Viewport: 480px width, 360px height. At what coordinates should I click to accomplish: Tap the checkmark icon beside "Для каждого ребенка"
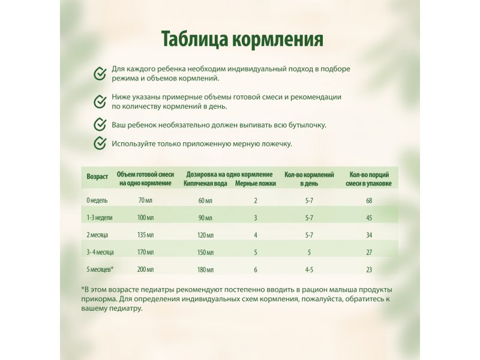click(100, 73)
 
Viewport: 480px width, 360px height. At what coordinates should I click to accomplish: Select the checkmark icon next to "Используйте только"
click(100, 143)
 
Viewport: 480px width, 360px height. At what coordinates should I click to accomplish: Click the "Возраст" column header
click(97, 177)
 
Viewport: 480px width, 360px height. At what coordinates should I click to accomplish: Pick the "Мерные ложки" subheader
click(256, 183)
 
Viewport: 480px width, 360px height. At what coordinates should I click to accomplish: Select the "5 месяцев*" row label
click(101, 269)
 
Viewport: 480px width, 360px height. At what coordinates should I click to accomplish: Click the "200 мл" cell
click(145, 269)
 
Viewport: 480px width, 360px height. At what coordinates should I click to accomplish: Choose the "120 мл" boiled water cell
click(205, 235)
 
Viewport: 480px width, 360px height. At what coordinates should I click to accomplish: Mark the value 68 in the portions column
click(369, 200)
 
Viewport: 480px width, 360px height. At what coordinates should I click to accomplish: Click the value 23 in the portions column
click(369, 269)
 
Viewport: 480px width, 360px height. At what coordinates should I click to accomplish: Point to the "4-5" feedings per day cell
click(310, 269)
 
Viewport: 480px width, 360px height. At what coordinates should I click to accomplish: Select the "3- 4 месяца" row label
click(100, 252)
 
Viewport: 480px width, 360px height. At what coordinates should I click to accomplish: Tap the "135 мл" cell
click(145, 235)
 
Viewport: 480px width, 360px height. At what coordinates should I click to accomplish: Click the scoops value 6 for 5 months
click(256, 269)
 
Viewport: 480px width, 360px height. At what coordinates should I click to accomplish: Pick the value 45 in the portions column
click(369, 217)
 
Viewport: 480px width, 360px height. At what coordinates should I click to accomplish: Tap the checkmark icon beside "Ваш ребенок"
click(100, 125)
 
